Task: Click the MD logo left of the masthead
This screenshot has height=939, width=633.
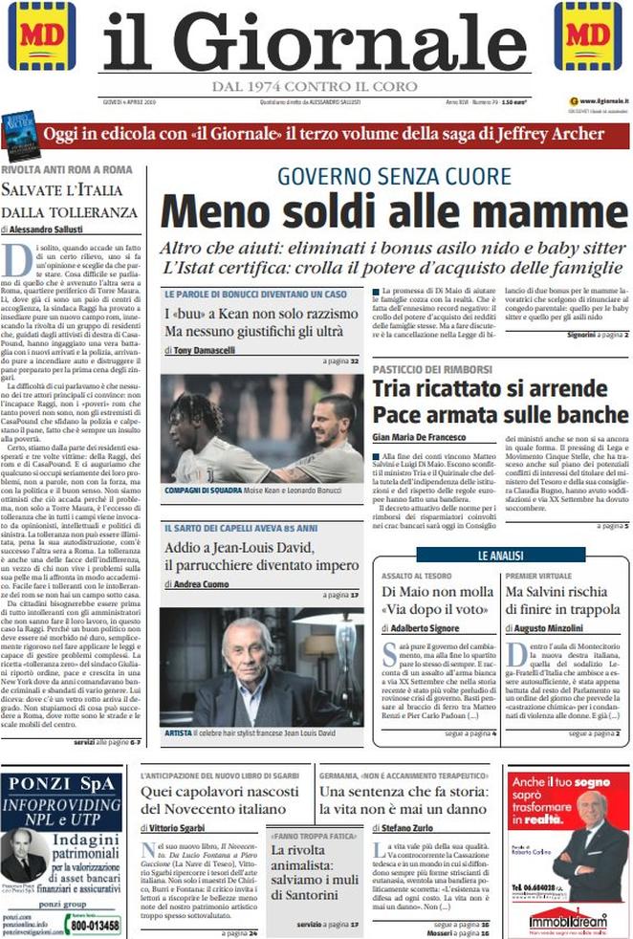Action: (41, 36)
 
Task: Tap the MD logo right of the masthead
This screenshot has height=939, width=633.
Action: (588, 36)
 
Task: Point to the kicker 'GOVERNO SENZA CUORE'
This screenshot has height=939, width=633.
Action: (394, 176)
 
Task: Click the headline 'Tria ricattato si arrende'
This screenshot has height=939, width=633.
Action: (486, 389)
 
